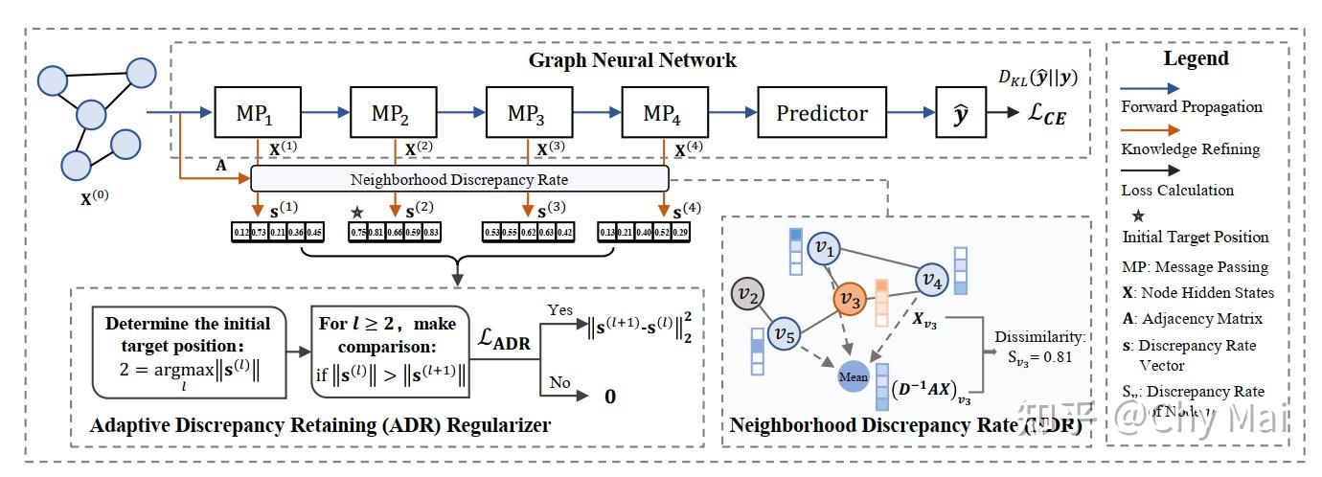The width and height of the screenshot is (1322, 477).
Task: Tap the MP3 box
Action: [525, 114]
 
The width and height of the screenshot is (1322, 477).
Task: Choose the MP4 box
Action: [660, 114]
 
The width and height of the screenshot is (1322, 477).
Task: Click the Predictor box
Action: [821, 114]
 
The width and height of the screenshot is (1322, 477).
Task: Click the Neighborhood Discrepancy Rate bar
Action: [459, 179]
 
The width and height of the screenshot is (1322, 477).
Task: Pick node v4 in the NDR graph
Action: [931, 280]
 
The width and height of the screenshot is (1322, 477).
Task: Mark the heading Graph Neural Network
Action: [632, 60]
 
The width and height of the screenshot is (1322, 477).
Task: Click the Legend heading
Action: [1196, 58]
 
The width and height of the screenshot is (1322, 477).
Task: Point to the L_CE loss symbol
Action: [1039, 116]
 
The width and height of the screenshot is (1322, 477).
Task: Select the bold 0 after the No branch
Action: [608, 396]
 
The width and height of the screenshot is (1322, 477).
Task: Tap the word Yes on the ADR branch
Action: [560, 311]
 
